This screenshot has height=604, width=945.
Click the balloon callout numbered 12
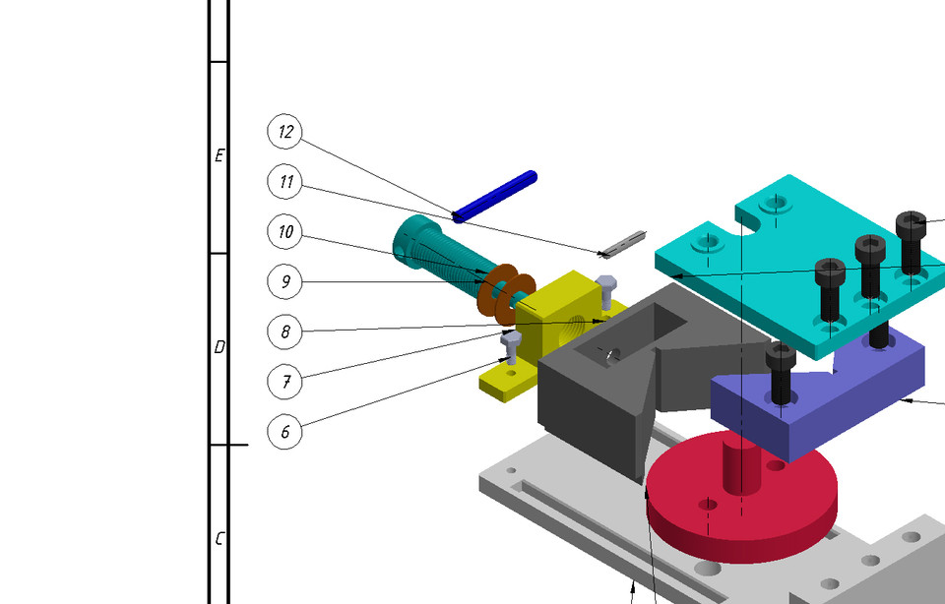click(x=284, y=131)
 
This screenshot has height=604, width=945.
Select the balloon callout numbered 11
click(x=284, y=181)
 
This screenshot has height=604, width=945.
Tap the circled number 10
click(x=284, y=232)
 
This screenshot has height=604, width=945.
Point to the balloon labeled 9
click(x=284, y=282)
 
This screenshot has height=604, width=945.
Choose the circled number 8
click(x=284, y=332)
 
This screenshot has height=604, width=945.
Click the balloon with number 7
click(x=284, y=381)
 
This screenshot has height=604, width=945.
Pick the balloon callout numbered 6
click(x=284, y=431)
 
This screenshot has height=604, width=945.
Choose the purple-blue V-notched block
click(x=837, y=393)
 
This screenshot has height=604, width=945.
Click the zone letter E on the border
click(x=220, y=155)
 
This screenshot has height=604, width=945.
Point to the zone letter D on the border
click(x=220, y=347)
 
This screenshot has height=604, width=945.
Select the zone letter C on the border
click(x=220, y=539)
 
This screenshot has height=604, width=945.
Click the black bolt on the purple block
click(x=782, y=374)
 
